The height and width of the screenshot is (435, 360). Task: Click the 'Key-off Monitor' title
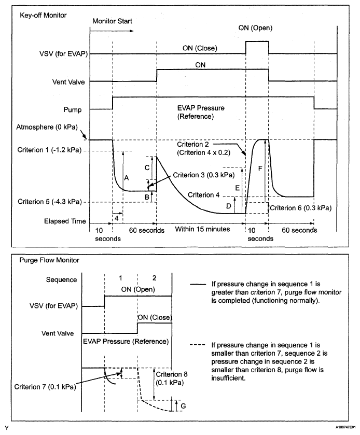point(44,14)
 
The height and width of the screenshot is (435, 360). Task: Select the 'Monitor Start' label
point(113,22)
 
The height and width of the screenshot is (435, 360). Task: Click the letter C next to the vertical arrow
point(147,168)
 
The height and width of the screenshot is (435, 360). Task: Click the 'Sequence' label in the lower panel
point(62,279)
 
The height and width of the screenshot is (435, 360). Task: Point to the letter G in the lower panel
point(183,405)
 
